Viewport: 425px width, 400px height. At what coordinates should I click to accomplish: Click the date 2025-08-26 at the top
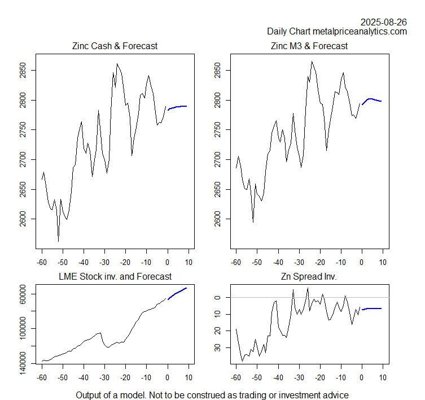coord(384,22)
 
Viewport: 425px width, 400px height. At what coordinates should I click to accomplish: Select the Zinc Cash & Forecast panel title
coord(115,46)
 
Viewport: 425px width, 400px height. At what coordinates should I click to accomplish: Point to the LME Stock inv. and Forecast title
coord(115,276)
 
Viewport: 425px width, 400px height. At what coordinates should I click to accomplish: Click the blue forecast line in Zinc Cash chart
coord(178,107)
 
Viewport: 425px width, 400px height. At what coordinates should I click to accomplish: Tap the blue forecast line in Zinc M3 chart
coord(372,99)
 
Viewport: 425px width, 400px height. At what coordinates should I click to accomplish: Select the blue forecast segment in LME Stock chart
coord(178,293)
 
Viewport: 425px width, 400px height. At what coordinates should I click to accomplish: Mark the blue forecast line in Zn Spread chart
coord(373,308)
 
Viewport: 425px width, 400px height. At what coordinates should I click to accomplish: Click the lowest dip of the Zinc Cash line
coord(58,242)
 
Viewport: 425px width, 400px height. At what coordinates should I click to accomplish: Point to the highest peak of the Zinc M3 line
coord(312,62)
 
